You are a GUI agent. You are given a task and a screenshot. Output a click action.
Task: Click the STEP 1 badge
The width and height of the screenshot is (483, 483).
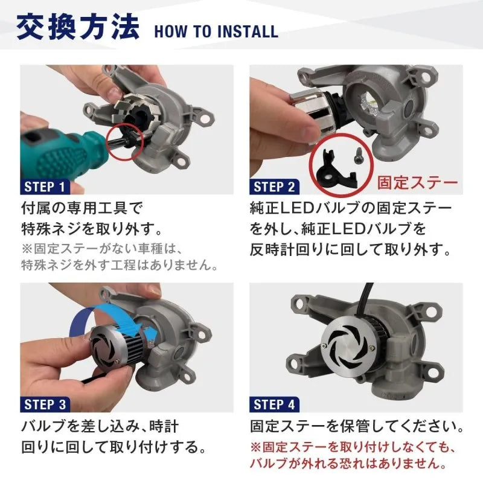(45, 187)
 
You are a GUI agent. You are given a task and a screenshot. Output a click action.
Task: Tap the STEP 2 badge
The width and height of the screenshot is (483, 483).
(275, 187)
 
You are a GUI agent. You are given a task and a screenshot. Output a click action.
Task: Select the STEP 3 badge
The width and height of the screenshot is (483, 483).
(45, 405)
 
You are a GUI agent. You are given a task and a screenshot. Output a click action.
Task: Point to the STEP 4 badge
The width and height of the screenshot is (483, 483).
(275, 405)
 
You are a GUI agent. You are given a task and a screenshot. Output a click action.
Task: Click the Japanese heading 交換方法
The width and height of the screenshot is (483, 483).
(78, 27)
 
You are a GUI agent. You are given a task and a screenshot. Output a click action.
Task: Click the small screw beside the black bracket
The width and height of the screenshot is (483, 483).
(358, 155)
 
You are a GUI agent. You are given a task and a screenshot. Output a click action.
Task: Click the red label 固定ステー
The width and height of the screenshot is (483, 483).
(417, 183)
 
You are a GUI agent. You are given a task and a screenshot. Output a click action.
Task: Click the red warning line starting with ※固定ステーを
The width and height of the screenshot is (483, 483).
(352, 447)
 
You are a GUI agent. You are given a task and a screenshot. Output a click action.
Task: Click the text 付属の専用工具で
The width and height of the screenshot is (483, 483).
(82, 208)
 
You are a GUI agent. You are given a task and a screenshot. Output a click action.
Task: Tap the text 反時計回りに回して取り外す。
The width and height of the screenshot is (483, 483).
(350, 249)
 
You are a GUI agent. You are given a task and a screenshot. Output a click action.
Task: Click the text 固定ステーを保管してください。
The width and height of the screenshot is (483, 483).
(357, 427)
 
